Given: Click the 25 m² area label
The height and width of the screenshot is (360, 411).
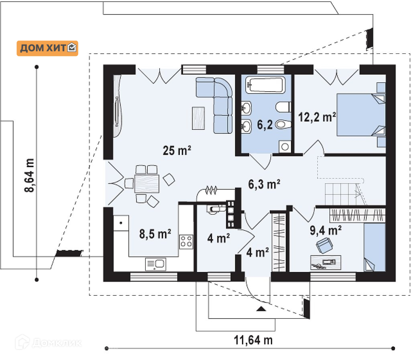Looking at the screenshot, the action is pyautogui.click(x=177, y=150).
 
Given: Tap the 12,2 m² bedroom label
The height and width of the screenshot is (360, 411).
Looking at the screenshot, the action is pyautogui.click(x=317, y=117).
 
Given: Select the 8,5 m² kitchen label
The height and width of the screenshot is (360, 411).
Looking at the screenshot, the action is pyautogui.click(x=155, y=234).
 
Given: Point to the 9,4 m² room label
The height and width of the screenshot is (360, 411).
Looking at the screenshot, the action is pyautogui.click(x=326, y=230).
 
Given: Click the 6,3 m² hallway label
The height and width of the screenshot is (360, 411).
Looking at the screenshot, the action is pyautogui.click(x=264, y=184).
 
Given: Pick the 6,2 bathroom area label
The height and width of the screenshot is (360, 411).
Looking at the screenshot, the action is pyautogui.click(x=265, y=125).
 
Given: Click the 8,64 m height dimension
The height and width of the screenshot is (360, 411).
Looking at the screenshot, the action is pyautogui.click(x=30, y=175).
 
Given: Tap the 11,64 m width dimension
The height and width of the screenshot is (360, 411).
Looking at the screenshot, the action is pyautogui.click(x=253, y=340).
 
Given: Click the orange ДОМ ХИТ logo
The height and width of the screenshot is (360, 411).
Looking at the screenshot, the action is pyautogui.click(x=47, y=48).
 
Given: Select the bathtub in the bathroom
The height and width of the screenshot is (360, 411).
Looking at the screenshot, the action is pyautogui.click(x=265, y=84).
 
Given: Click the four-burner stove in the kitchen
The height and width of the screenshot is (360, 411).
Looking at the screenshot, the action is pyautogui.click(x=186, y=241).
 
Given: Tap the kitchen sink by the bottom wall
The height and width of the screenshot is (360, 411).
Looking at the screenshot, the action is pyautogui.click(x=156, y=264).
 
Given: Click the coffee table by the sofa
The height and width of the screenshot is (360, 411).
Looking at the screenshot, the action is pyautogui.click(x=198, y=118).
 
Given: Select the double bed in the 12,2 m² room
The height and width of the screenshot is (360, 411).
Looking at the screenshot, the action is pyautogui.click(x=361, y=115).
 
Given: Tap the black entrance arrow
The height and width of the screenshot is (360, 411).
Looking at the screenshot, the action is pyautogui.click(x=261, y=309).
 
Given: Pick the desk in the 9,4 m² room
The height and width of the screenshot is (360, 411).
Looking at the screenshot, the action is pyautogui.click(x=326, y=262).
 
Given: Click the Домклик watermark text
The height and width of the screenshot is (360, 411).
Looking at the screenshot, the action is pyautogui.click(x=57, y=343).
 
